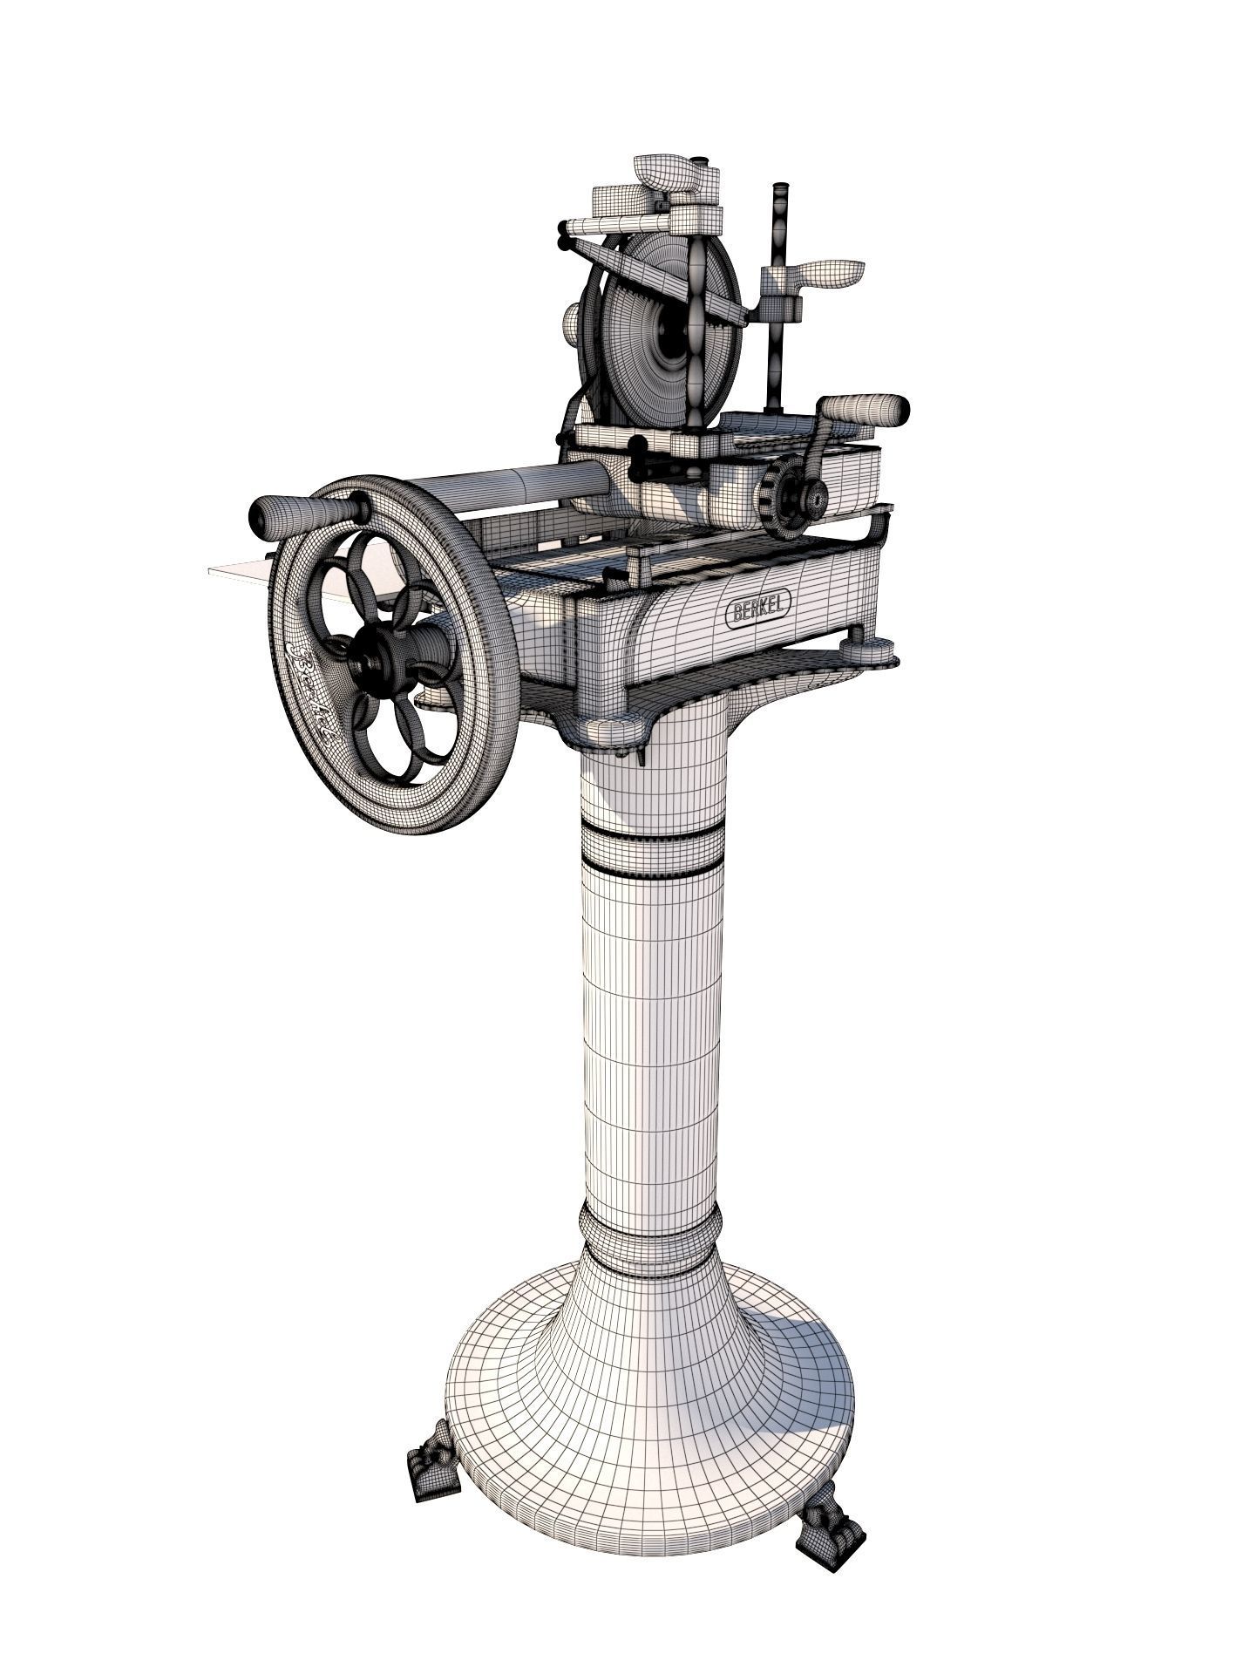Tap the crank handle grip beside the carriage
tap(865, 409)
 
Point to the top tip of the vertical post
tap(779, 191)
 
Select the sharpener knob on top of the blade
tap(667, 175)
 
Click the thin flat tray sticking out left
tap(235, 571)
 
